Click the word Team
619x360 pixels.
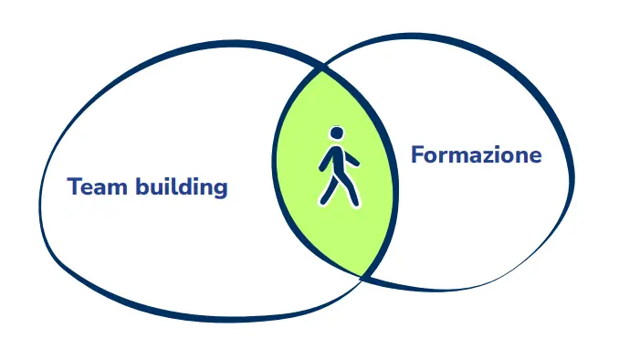pos(97,186)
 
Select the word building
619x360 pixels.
pos(182,187)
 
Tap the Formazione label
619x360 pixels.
pos(476,154)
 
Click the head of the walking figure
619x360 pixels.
pos(337,133)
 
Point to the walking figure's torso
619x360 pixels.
pos(337,160)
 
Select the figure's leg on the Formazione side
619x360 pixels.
pos(351,190)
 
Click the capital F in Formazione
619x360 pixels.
pos(417,154)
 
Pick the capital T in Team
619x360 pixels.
pos(74,186)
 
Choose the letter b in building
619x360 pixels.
pos(142,186)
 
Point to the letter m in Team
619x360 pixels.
pos(117,189)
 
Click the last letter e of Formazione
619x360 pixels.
pos(535,157)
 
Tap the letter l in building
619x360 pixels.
pos(177,185)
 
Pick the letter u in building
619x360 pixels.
pos(159,189)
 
